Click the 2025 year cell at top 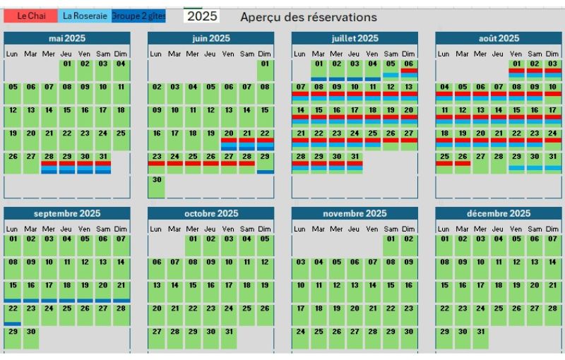tap(201, 16)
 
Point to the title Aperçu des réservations tap(308, 17)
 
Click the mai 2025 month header tap(66, 38)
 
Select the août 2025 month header tap(499, 38)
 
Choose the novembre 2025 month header tap(355, 213)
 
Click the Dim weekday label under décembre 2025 tap(552, 229)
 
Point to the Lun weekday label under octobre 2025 tap(156, 229)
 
